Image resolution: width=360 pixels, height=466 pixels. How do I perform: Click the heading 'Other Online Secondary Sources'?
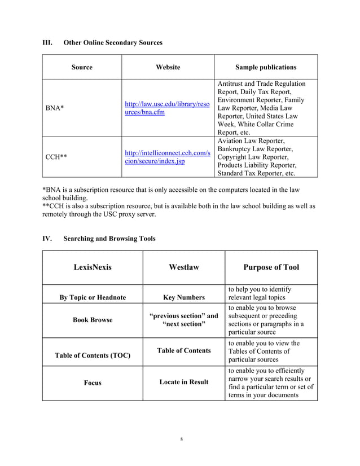113,43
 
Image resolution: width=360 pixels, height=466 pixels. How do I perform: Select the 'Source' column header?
82,67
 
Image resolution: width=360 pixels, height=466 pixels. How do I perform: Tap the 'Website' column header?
168,67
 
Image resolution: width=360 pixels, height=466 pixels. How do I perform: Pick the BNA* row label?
55,107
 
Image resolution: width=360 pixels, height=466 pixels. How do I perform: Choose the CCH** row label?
56,157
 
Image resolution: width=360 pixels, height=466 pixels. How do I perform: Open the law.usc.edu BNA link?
167,108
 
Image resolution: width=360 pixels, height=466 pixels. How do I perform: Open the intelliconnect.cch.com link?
167,157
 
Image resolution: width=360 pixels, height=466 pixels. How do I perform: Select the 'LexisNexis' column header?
93,267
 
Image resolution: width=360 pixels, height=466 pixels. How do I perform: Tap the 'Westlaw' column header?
183,267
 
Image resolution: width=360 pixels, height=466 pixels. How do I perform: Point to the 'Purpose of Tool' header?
271,267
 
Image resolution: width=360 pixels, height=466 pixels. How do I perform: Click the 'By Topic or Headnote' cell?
93,297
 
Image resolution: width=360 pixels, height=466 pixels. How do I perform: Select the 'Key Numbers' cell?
183,297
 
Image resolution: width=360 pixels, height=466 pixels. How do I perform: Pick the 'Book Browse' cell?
93,320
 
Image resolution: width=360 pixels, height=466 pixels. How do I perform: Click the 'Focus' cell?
93,383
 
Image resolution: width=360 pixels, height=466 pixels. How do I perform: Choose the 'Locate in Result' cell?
183,382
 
